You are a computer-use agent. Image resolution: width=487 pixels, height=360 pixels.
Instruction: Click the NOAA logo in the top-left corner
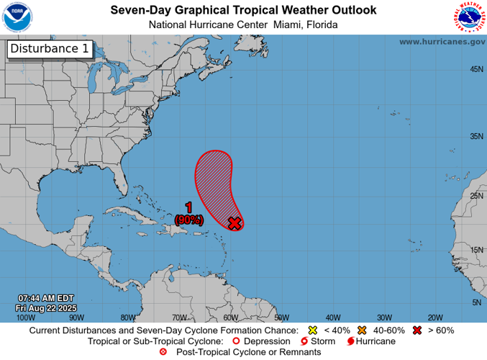click(18, 17)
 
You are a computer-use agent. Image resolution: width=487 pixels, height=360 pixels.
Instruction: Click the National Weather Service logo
click(468, 18)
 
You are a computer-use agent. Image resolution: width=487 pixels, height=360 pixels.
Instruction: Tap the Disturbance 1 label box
click(50, 49)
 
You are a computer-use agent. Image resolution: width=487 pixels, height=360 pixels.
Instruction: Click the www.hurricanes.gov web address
click(442, 42)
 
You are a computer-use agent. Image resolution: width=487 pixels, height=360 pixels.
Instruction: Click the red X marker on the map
click(234, 223)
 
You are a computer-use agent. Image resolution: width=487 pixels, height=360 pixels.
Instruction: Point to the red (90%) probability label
click(188, 220)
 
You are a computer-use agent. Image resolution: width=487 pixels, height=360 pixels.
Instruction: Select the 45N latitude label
click(475, 69)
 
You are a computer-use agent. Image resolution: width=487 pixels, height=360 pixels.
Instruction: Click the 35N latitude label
click(475, 136)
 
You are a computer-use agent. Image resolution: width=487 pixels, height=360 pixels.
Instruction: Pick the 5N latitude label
click(477, 302)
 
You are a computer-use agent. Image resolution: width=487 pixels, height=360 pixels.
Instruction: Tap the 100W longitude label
click(25, 317)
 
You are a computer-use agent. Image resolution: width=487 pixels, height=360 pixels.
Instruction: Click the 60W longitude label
click(230, 317)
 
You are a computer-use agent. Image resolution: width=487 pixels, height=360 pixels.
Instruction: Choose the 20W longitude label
click(434, 317)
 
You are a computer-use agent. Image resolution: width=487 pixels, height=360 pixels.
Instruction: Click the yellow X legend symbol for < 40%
click(313, 330)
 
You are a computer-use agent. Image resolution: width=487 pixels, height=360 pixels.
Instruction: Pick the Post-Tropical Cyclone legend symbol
click(163, 352)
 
